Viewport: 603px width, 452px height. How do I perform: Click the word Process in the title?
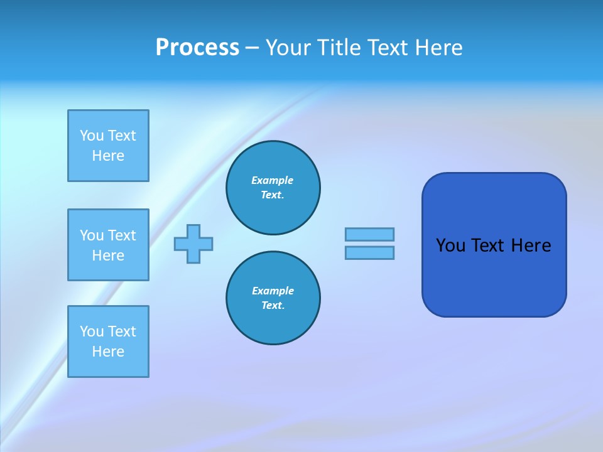197,48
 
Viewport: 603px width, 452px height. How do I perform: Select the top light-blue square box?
108,146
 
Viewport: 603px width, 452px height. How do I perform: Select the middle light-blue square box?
108,245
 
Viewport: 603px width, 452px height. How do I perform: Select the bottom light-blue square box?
108,342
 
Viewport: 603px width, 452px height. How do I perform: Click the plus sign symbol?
193,244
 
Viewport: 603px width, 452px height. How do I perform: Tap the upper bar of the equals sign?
369,234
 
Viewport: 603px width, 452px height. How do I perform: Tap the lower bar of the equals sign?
369,252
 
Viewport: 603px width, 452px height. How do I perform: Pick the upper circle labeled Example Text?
273,188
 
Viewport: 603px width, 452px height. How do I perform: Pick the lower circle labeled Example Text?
273,298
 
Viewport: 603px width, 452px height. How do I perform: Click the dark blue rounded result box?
494,245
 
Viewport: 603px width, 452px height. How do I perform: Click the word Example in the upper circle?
273,180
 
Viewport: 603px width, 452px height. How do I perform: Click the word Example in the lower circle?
273,291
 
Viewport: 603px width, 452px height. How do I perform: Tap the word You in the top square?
92,136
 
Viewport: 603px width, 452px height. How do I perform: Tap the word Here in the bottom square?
108,352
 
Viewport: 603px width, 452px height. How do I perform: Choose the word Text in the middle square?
122,235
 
